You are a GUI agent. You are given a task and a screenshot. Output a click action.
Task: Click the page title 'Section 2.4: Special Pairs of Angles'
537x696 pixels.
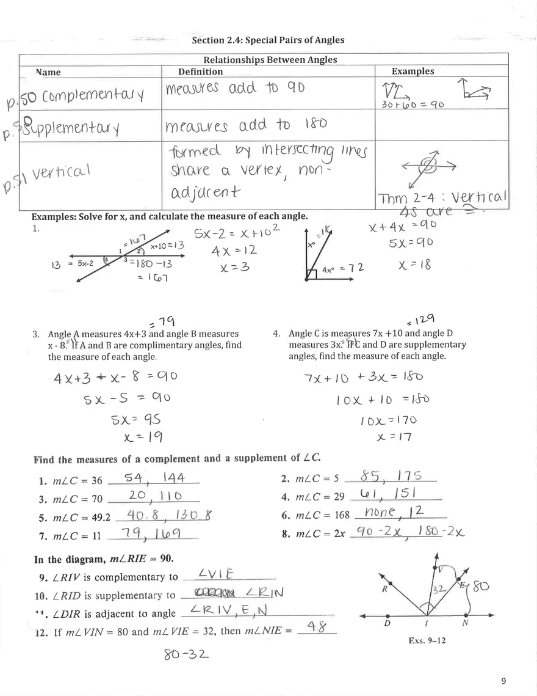(268, 40)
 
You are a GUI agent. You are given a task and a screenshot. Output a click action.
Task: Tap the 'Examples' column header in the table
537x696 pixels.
(413, 71)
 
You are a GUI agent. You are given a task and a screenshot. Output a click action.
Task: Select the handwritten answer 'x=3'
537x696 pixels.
(223, 268)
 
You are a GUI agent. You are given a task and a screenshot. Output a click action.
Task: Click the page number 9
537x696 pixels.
(503, 681)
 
